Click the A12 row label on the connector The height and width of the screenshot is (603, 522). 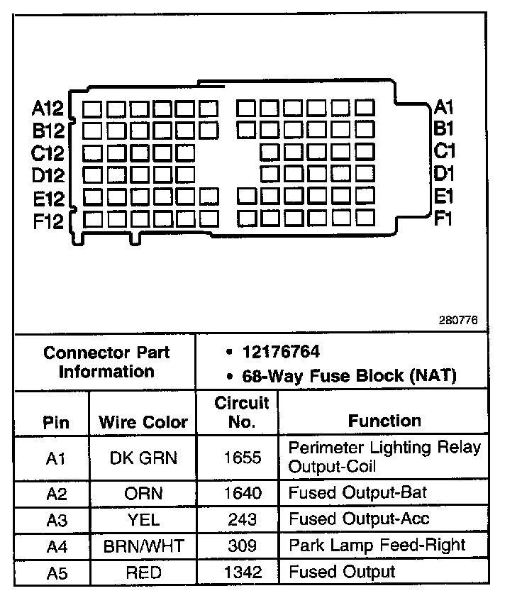(48, 109)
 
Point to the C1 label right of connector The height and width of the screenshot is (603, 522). (444, 151)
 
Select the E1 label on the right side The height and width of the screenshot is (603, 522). (444, 196)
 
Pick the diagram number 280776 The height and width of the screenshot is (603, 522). (458, 320)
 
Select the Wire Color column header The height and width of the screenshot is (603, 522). (143, 421)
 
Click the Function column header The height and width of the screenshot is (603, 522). (384, 421)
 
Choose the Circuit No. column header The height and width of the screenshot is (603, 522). (242, 412)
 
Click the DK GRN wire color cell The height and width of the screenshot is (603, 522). (143, 458)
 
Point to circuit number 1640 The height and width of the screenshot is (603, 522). (242, 492)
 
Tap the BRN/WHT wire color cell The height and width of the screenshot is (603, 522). (143, 545)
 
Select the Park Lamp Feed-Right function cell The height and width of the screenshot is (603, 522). (377, 545)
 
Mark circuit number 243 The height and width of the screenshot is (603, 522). (242, 519)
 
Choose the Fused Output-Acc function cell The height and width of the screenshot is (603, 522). (359, 519)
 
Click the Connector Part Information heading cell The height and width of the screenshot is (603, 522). (106, 362)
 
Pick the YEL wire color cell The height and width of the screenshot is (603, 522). (143, 519)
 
